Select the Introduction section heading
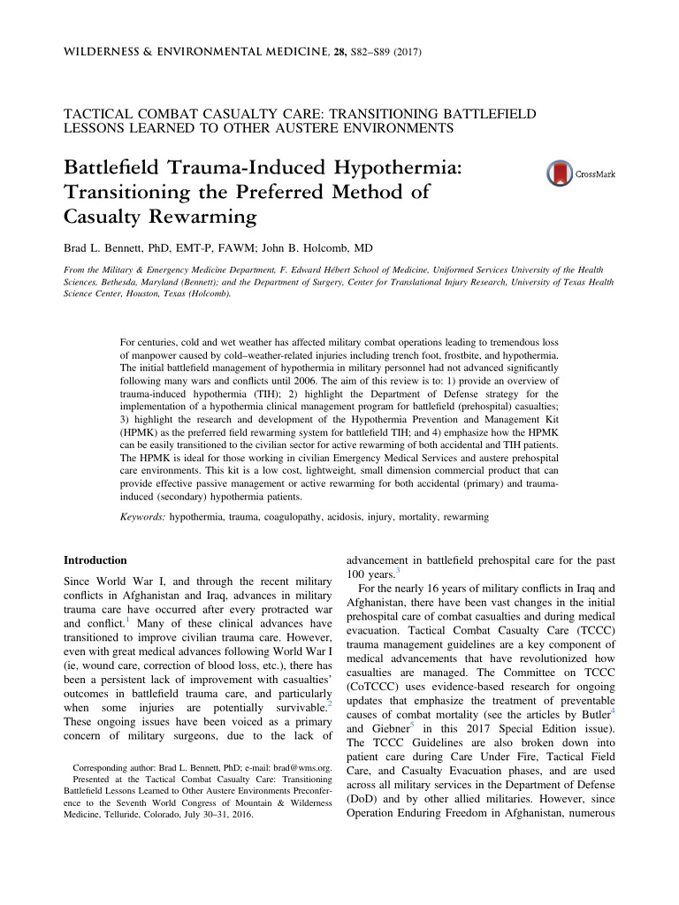pos(97,560)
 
